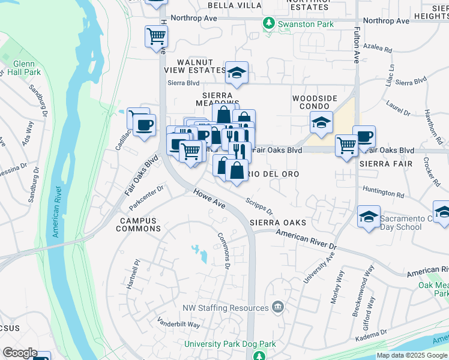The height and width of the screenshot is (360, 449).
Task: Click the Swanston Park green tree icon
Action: tap(269, 23)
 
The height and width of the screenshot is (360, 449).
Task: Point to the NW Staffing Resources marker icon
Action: tap(277, 308)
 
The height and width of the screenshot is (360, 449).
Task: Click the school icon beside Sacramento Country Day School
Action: tap(369, 217)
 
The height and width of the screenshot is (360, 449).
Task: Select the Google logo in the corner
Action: tap(19, 353)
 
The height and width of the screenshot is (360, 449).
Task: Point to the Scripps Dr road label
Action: tap(259, 207)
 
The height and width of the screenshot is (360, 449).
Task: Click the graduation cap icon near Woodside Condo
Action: tap(321, 123)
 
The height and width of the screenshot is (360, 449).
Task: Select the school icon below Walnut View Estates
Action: tap(237, 73)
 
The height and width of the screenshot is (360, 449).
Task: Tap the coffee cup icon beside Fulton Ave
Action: tap(364, 136)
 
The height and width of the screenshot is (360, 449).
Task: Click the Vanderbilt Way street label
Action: tap(178, 324)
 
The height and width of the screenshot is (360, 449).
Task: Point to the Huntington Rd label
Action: tap(384, 193)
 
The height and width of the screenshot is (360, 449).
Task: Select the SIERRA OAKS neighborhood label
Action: tap(278, 223)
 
